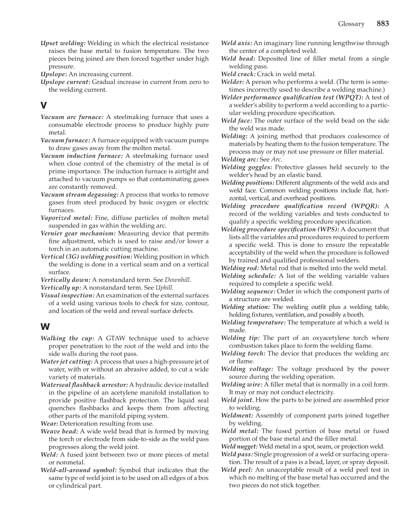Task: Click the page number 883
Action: pos(382,23)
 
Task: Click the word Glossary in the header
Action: pos(351,24)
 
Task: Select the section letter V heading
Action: pos(44,105)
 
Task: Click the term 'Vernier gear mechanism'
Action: pos(78,233)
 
